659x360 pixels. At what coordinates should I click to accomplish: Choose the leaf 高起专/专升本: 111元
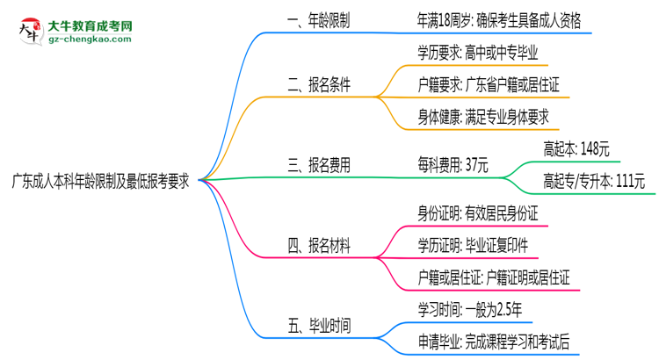595,182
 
